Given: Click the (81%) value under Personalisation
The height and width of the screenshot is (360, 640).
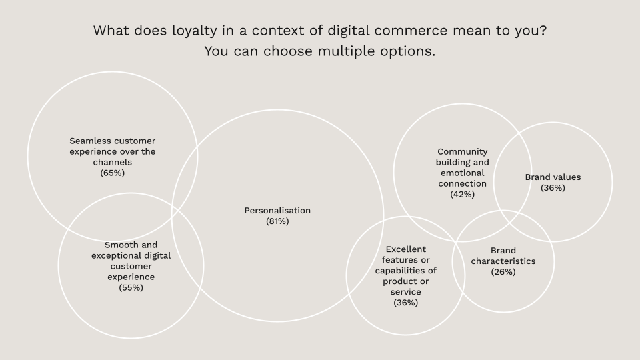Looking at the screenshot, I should (277, 221).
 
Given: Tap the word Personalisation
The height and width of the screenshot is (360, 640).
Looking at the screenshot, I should (277, 211).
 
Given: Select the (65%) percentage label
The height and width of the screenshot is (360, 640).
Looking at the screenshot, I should (113, 173).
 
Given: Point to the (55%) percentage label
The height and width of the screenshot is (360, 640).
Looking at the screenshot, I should (131, 287).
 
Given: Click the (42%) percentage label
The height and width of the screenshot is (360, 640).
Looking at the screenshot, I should (463, 194).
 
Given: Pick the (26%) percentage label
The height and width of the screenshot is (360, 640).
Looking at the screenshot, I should (503, 271).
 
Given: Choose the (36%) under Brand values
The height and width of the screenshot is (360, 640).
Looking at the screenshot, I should (553, 188).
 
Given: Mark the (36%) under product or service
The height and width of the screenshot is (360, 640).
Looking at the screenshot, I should (405, 303).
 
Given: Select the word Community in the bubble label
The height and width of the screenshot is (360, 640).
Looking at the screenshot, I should (463, 151).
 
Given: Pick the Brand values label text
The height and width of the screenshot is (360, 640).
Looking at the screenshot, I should (553, 177).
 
